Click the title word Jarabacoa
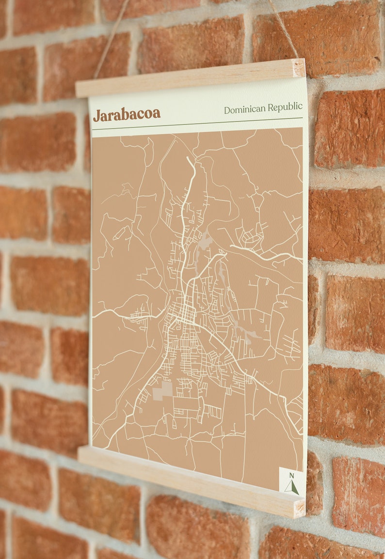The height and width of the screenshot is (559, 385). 127,115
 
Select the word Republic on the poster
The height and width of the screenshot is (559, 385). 286,107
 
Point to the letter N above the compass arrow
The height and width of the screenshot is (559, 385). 291,475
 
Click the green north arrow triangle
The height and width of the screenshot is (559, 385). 292,487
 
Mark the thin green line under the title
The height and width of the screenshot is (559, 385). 196,124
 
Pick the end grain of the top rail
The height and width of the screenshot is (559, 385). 299,68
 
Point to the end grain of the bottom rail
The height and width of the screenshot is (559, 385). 300,508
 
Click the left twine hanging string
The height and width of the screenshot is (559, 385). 112,39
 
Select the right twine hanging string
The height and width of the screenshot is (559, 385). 284,29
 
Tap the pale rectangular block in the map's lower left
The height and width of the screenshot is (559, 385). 163,390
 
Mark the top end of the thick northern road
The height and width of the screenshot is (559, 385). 188,158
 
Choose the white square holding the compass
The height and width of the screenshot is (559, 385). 292,481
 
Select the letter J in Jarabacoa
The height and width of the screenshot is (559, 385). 96,116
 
